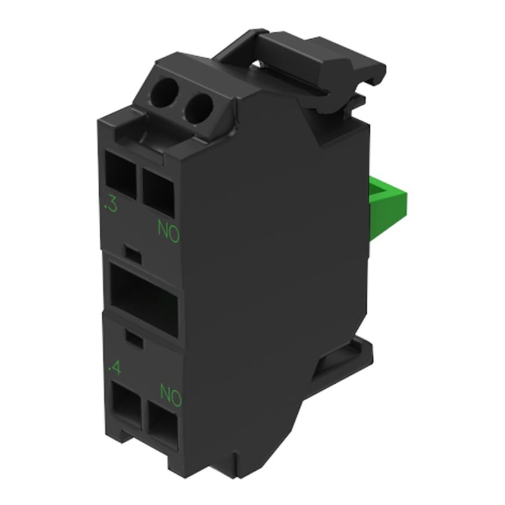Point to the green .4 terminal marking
pyautogui.click(x=115, y=365)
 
